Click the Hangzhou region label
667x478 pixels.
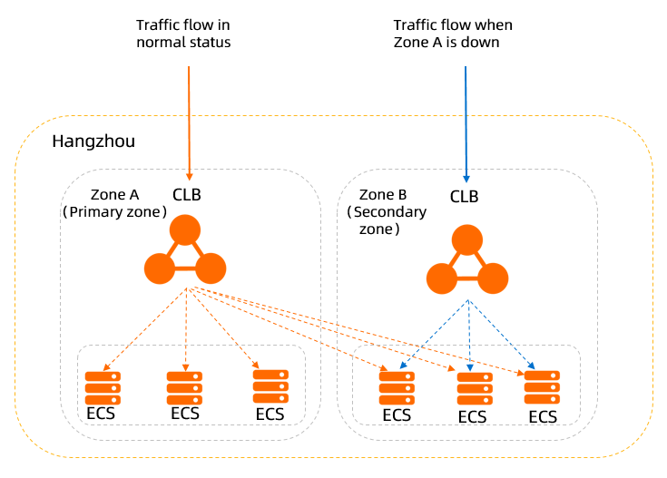pyautogui.click(x=93, y=141)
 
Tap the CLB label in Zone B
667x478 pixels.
pyautogui.click(x=464, y=196)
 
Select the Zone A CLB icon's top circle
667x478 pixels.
pyautogui.click(x=184, y=229)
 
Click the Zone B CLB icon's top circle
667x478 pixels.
pyautogui.click(x=468, y=239)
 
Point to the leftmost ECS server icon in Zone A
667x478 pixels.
pyautogui.click(x=103, y=388)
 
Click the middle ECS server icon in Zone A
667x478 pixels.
pyautogui.click(x=184, y=388)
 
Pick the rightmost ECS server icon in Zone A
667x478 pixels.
pyautogui.click(x=270, y=386)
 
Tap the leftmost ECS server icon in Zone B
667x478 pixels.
pyautogui.click(x=397, y=388)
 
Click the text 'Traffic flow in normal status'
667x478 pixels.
pyautogui.click(x=183, y=34)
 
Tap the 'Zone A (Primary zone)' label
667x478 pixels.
pyautogui.click(x=115, y=203)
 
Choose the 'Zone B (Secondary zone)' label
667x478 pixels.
pyautogui.click(x=387, y=212)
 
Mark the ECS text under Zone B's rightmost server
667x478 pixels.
pyautogui.click(x=543, y=416)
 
